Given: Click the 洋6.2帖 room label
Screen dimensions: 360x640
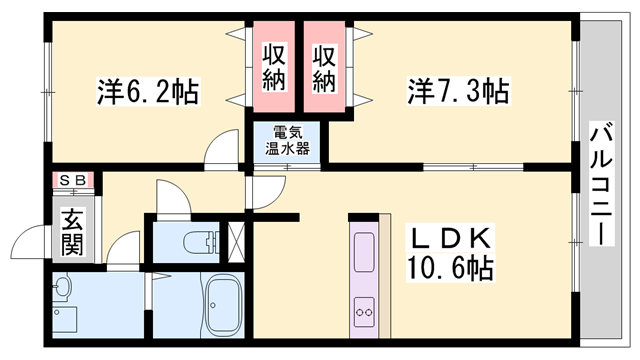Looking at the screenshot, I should coord(148,92).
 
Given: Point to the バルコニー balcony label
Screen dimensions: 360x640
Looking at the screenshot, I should coord(601,181).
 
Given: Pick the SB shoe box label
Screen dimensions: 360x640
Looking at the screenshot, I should coord(72,181).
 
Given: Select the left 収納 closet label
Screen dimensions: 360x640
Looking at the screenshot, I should coord(275,68).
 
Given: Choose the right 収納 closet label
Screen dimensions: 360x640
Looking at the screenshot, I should coord(323,68).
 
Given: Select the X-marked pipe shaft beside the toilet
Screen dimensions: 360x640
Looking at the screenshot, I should coord(237,241).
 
